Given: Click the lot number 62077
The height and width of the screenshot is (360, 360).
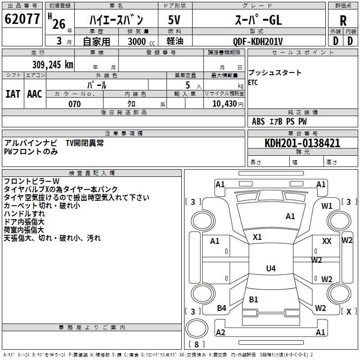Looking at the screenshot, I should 22,20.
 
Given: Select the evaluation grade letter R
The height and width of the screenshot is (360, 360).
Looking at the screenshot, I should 343,21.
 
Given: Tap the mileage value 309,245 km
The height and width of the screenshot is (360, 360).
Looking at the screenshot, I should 53,64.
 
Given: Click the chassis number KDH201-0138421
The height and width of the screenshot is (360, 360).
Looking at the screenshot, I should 302,143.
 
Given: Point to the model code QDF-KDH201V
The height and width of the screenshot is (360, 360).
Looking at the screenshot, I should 258,41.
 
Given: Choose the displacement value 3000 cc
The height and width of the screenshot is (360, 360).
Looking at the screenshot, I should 141,41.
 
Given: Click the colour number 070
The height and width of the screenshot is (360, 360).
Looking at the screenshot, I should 74,104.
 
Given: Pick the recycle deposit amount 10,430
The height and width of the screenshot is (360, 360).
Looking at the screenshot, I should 224,104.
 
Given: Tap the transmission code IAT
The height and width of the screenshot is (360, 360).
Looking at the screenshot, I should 13,94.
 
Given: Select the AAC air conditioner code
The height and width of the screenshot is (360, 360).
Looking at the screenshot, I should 35,94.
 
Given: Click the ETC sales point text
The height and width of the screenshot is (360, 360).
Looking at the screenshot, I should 253,83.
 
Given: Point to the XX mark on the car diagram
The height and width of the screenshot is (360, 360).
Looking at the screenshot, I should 327,241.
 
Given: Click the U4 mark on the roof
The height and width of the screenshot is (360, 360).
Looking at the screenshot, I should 270,269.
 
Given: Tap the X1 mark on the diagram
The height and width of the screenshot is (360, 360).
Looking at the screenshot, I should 257,237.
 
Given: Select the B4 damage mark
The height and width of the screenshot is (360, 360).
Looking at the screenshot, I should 221,308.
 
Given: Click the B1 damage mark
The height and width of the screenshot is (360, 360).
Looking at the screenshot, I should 253,299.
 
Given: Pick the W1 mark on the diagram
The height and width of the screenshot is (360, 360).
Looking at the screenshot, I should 327,206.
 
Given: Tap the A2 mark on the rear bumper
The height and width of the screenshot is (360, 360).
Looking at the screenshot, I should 220,333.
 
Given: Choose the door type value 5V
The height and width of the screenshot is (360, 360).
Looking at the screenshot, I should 174,20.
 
